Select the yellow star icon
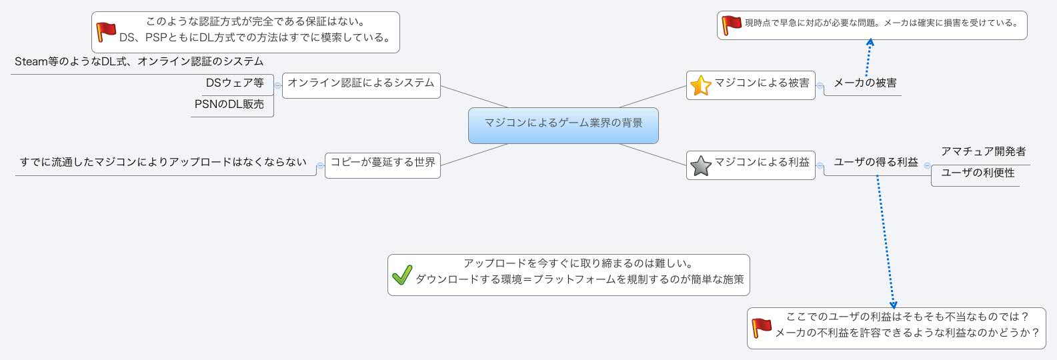[700, 85]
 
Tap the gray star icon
[700, 165]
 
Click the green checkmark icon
[401, 275]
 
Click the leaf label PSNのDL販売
[229, 105]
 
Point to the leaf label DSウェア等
[235, 83]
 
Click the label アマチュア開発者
[983, 152]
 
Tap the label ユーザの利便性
[978, 173]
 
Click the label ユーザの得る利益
[876, 163]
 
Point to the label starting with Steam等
[139, 62]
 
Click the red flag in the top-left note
[105, 31]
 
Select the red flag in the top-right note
[732, 25]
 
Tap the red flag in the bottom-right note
[762, 327]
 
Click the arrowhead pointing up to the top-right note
[870, 43]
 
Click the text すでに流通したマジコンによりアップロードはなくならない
[163, 163]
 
